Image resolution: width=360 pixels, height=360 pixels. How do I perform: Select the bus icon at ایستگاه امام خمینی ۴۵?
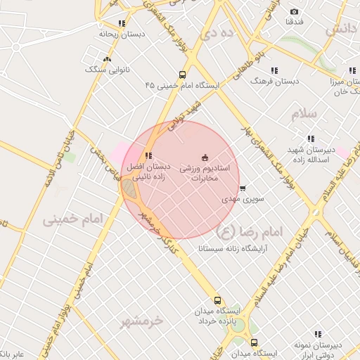pyautogui.click(x=183, y=75)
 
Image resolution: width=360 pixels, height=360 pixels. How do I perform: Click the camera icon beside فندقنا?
pyautogui.click(x=294, y=11)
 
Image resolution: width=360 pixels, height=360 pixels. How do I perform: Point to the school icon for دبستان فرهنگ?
pyautogui.click(x=274, y=70)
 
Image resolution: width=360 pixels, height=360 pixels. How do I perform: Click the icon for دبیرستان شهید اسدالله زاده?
pyautogui.click(x=311, y=139)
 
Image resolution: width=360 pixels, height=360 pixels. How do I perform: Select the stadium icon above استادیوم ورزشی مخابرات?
pyautogui.click(x=205, y=156)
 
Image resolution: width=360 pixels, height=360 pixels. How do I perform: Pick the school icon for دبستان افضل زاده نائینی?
pyautogui.click(x=148, y=155)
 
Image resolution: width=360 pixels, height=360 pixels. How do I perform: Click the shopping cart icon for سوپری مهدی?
pyautogui.click(x=243, y=188)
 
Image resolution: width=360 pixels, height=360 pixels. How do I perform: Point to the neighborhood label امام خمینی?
pyautogui.click(x=73, y=219)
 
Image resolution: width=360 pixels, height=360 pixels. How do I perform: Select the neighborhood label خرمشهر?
pyautogui.click(x=141, y=321)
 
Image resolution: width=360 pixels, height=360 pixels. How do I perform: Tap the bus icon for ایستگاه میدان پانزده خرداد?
pyautogui.click(x=217, y=300)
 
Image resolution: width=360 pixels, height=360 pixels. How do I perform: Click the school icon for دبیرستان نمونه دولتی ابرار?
pyautogui.click(x=318, y=334)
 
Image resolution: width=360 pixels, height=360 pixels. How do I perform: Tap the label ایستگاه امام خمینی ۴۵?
pyautogui.click(x=183, y=85)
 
